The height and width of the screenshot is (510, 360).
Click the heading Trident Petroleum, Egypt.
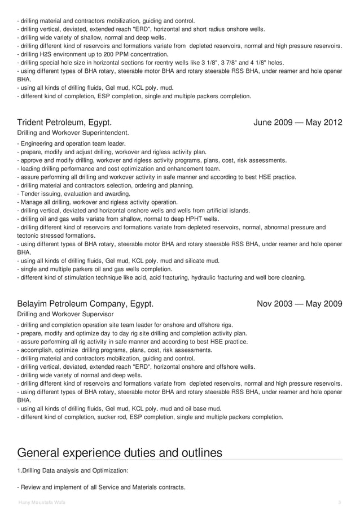[64, 122]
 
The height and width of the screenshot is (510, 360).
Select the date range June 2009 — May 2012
[298, 122]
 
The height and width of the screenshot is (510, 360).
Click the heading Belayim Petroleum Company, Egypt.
[85, 304]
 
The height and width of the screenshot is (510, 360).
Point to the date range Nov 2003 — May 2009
[300, 304]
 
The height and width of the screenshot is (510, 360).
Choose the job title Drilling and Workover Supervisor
[65, 314]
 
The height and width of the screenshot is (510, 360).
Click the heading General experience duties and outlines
[120, 452]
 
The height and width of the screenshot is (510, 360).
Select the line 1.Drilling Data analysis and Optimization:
[73, 470]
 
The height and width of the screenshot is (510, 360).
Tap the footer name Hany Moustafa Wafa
[41, 502]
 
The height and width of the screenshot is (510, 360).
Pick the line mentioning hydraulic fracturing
[161, 277]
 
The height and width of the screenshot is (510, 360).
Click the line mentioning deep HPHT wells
[118, 219]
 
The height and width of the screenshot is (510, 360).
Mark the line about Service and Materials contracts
[102, 487]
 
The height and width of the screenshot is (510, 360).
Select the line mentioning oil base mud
[120, 409]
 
